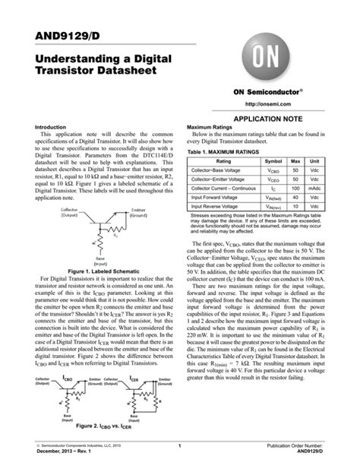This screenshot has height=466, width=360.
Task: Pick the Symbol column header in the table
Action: [273, 162]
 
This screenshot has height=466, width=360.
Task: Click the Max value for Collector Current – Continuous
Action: [296, 185]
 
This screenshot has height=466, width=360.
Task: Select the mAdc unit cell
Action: [314, 185]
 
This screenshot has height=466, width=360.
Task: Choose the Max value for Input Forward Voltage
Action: [296, 195]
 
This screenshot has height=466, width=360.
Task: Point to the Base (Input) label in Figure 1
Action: [100, 262]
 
